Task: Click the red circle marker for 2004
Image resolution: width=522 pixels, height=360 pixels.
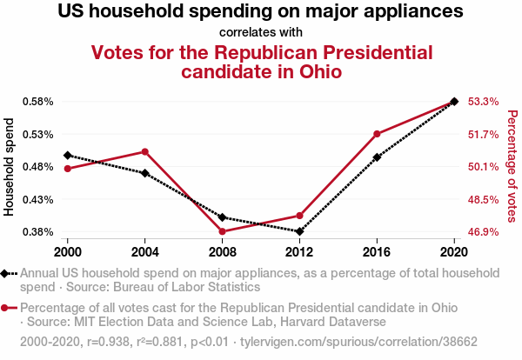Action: [144, 151]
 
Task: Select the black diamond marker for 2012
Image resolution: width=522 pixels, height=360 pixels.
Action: [299, 231]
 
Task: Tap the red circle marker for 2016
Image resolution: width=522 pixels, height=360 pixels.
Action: [377, 134]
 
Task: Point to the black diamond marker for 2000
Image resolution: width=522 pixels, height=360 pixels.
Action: [67, 155]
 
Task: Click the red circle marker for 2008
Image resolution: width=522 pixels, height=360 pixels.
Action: [222, 231]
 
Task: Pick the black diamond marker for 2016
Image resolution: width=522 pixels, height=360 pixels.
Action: [377, 157]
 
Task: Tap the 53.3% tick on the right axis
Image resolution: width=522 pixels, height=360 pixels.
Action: [483, 101]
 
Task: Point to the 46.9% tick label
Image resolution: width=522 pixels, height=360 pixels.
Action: [483, 232]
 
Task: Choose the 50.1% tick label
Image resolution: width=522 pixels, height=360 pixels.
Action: [483, 166]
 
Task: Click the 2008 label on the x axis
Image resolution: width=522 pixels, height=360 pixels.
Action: [222, 251]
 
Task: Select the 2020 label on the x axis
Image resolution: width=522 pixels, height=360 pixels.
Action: [454, 251]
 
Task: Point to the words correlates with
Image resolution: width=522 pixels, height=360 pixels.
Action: [261, 32]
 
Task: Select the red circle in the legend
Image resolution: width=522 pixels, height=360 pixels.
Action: [6, 308]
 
